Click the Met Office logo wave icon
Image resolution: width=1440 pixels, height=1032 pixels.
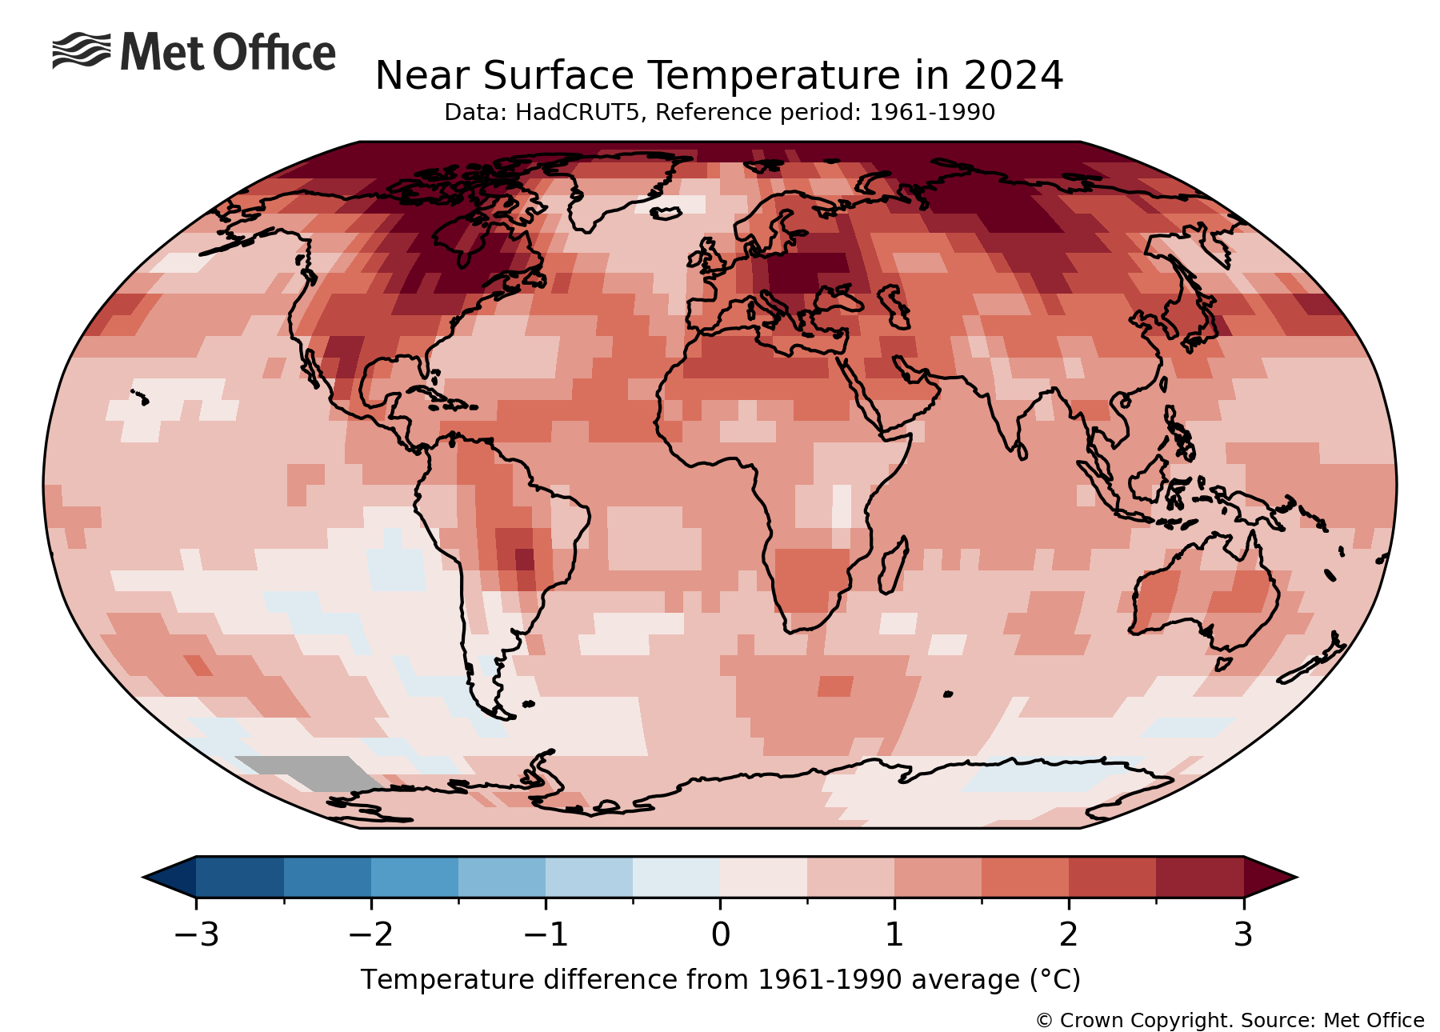coord(81,51)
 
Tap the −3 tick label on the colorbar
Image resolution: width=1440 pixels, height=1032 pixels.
coord(196,934)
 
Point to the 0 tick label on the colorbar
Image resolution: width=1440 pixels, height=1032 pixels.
coord(720,934)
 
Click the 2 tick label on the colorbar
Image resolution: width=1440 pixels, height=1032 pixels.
coord(1069,934)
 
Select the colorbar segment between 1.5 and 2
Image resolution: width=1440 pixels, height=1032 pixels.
coord(1025,877)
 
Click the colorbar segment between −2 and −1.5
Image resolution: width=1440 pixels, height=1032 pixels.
coord(414,877)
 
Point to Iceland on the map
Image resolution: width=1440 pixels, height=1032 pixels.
coord(665,213)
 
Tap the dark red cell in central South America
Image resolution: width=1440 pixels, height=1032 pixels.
coord(524,558)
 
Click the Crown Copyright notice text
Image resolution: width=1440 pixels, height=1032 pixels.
coord(1229,1021)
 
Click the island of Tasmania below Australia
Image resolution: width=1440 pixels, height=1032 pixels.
coord(1222,664)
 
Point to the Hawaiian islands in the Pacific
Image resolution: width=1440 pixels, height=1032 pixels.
coord(139,395)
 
